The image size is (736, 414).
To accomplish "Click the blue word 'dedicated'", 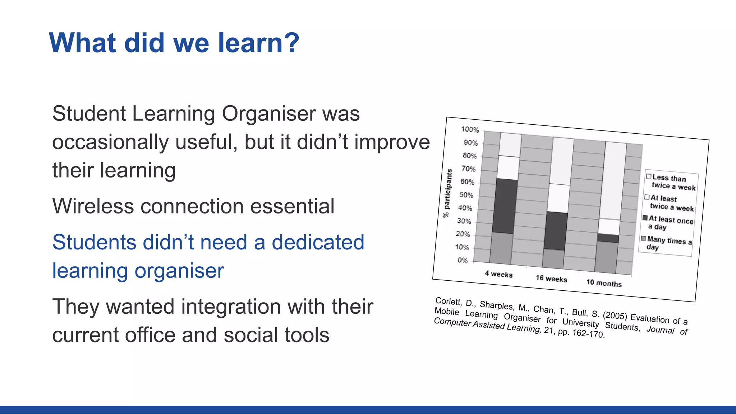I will (x=318, y=242).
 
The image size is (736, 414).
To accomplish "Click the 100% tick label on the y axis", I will (x=470, y=130).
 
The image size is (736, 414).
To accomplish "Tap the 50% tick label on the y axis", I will (x=466, y=195).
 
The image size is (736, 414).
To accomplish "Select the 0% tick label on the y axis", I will (x=463, y=260).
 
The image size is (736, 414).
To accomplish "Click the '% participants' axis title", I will (x=447, y=193).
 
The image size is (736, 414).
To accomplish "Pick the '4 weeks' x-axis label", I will (x=498, y=274).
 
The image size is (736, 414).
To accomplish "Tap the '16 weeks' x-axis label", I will (x=551, y=279).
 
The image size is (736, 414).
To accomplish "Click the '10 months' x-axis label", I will (x=604, y=283).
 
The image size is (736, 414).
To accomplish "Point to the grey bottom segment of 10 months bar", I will (x=606, y=257).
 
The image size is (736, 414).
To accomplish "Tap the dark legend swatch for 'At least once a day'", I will (x=645, y=218).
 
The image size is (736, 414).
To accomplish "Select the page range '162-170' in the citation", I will (x=588, y=333).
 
